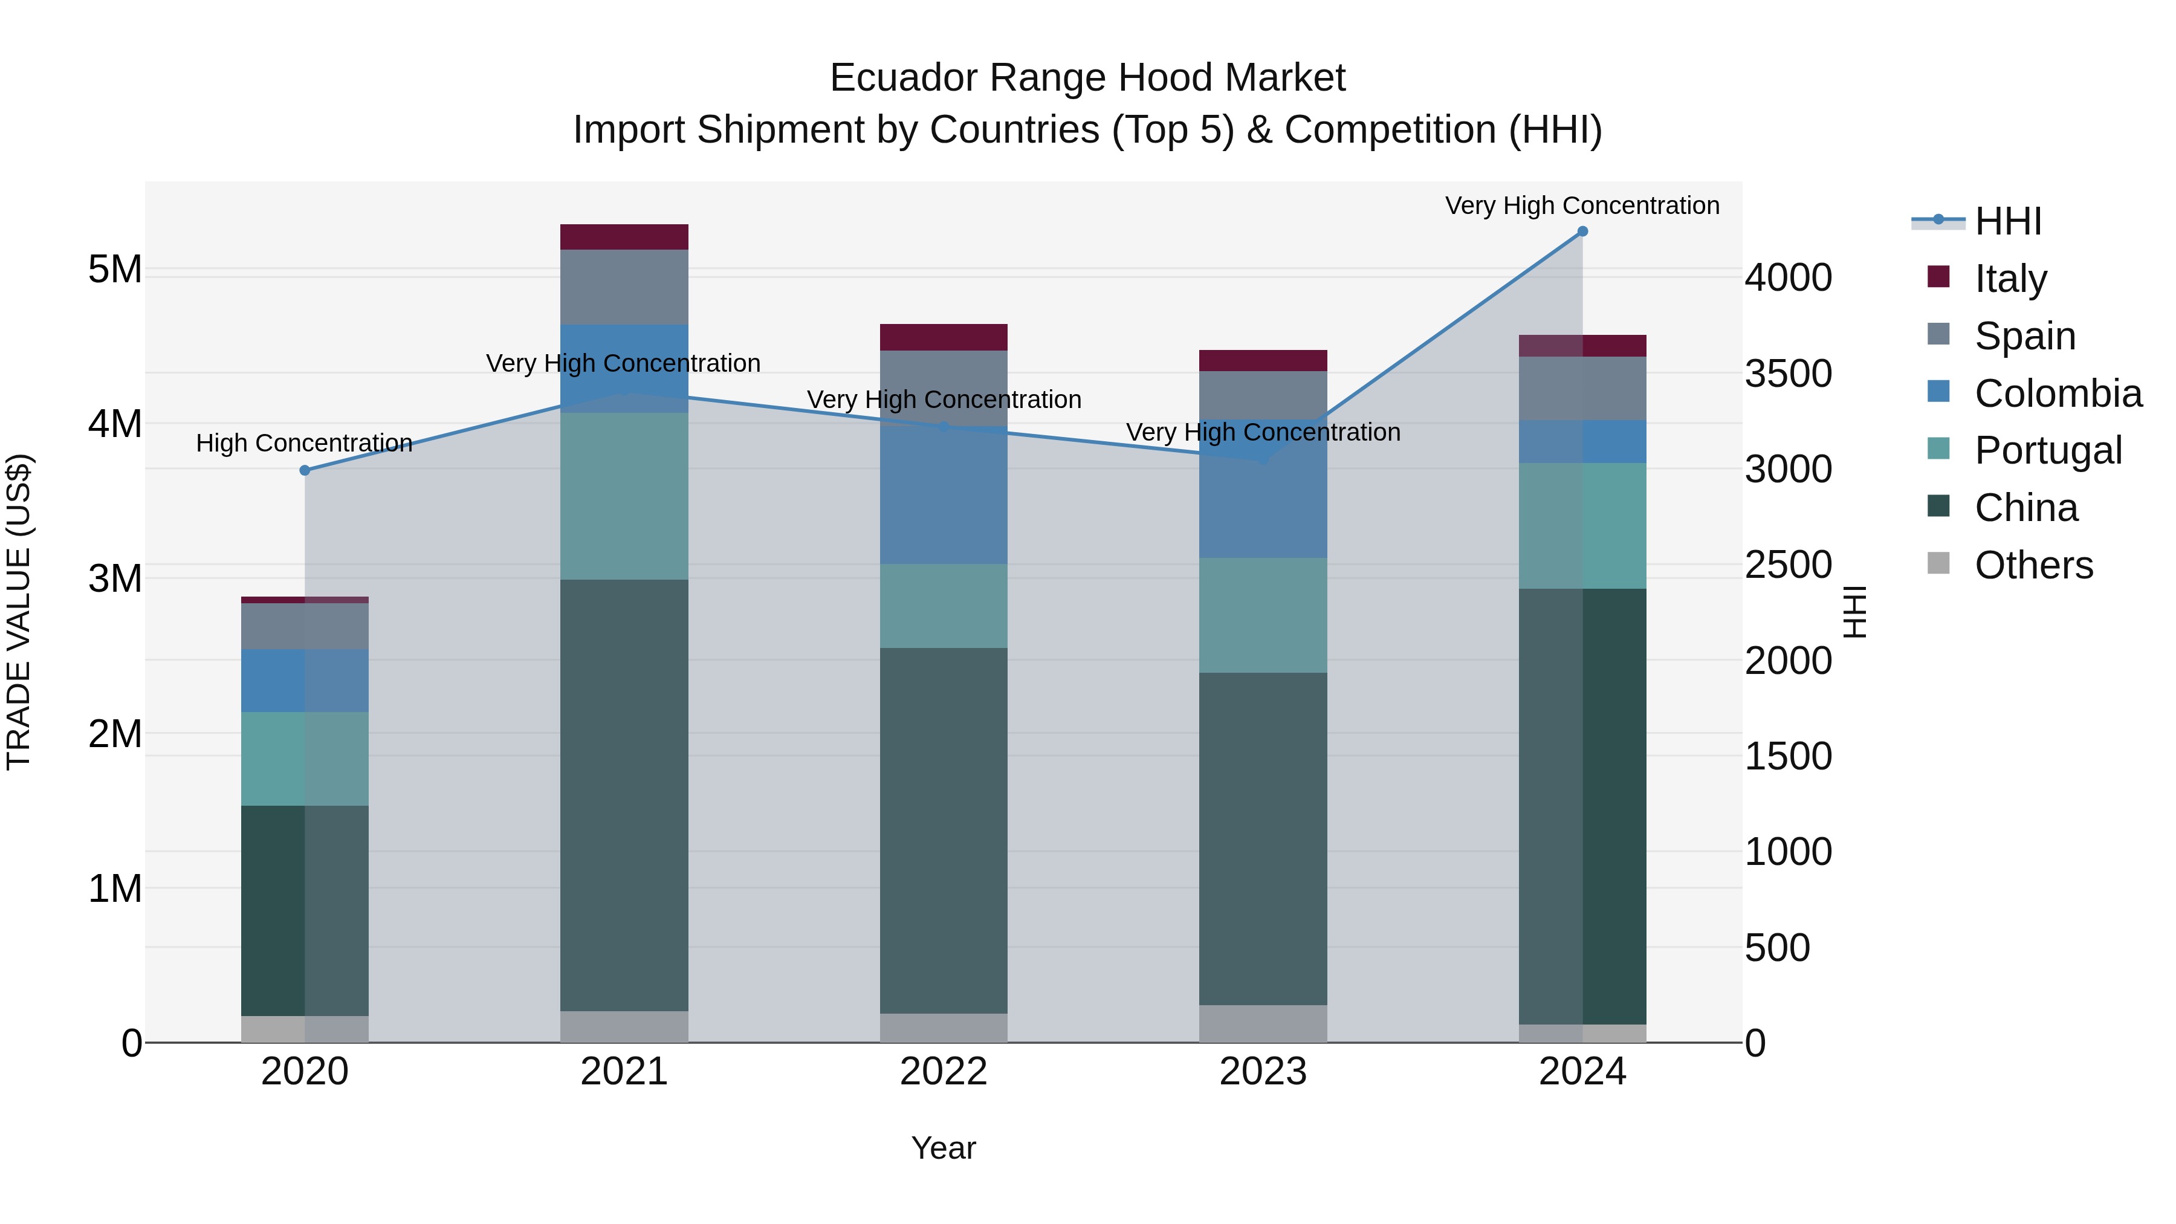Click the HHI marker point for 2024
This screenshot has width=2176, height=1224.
pos(1582,232)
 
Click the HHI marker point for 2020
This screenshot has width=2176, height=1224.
pos(305,470)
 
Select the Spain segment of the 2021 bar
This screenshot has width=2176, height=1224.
pos(624,287)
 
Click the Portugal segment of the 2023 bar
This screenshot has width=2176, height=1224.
pos(1263,615)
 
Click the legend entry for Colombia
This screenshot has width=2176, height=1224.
pos(2057,393)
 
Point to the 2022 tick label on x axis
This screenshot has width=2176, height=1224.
pos(944,1072)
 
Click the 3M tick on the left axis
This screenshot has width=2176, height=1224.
pos(115,578)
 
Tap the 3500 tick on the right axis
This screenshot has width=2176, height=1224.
pos(1789,374)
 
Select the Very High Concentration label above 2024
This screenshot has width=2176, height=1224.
pos(1582,206)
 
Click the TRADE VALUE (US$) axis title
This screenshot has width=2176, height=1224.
pos(19,612)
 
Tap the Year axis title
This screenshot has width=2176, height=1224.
pos(944,1148)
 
